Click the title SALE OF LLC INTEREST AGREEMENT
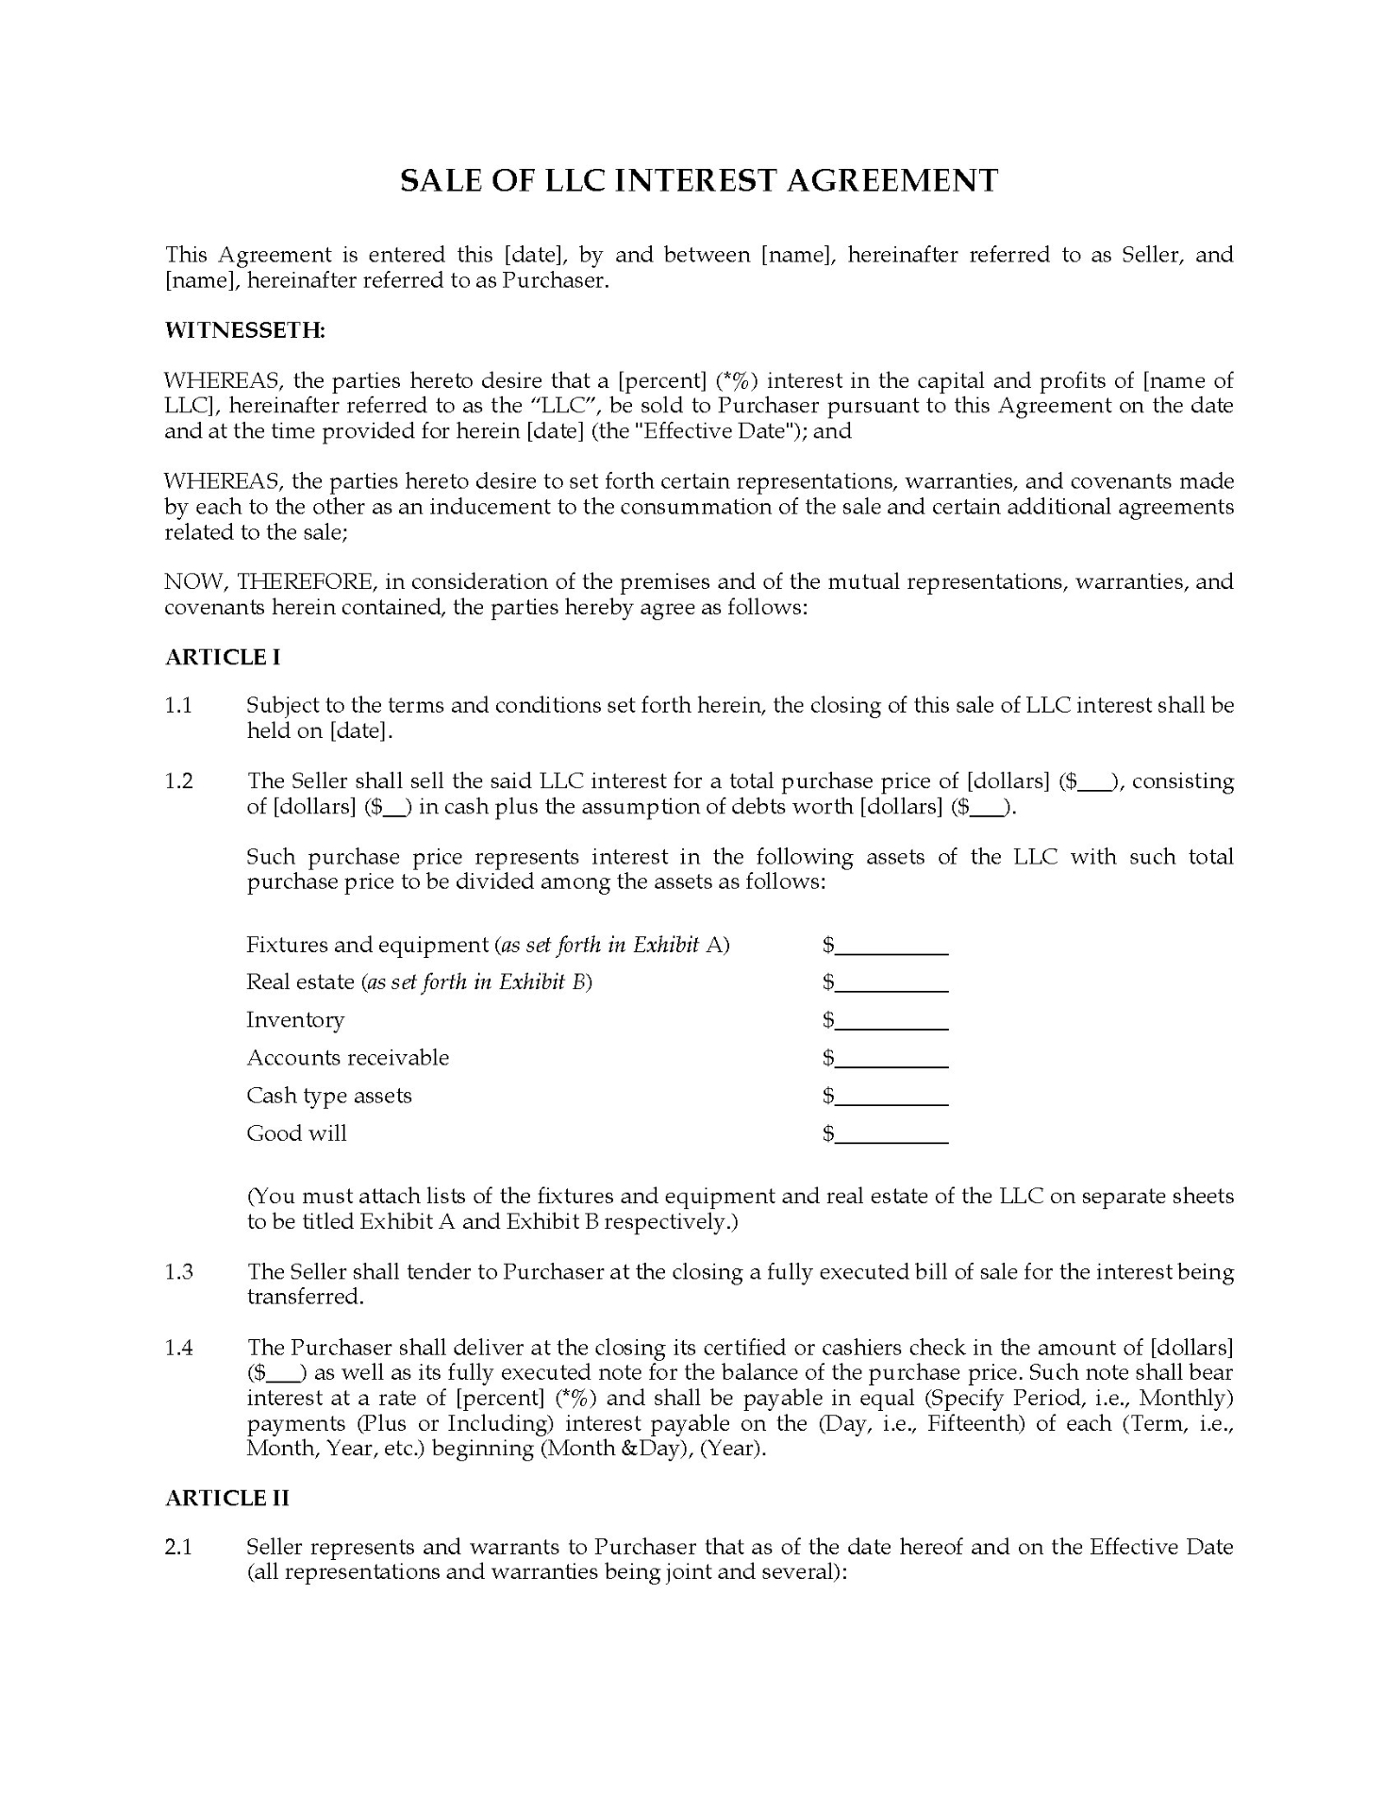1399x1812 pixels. click(x=699, y=180)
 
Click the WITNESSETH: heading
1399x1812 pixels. click(x=245, y=330)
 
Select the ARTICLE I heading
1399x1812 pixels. click(x=223, y=658)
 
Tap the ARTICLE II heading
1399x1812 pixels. click(x=227, y=1499)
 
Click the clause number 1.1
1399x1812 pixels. click(x=178, y=706)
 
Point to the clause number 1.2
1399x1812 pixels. click(x=178, y=781)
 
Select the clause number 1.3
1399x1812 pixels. click(x=178, y=1272)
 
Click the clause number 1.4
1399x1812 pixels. click(x=178, y=1348)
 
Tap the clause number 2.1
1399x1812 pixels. click(x=178, y=1547)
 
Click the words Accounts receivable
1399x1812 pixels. click(x=347, y=1058)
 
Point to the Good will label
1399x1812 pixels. click(x=296, y=1133)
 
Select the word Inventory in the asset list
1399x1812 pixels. click(x=295, y=1020)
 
